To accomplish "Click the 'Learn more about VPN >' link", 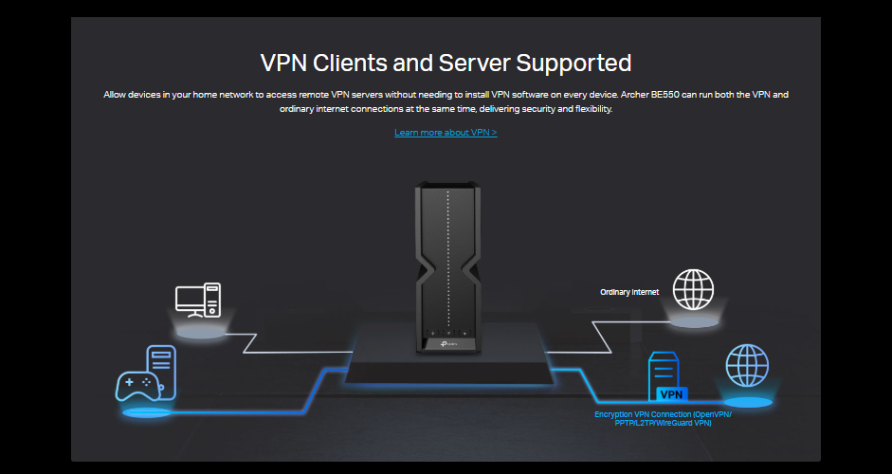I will coord(446,133).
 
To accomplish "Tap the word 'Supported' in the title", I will coord(575,64).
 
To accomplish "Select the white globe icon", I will coord(693,288).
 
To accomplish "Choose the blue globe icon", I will coord(747,365).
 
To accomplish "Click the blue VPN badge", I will coord(671,393).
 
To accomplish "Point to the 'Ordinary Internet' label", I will coord(629,292).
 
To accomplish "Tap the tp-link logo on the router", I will coord(451,344).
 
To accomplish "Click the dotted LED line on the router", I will coord(446,256).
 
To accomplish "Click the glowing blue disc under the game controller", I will coord(147,412).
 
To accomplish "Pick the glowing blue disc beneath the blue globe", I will coord(747,402).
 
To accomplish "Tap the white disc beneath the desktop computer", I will coord(199,332).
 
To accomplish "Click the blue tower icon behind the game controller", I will coord(161,365).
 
